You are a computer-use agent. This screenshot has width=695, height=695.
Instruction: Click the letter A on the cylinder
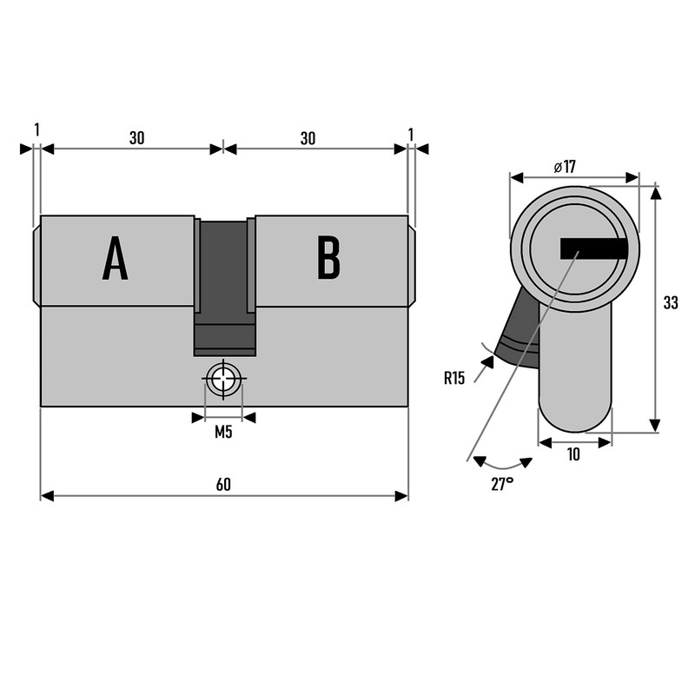pos(116,259)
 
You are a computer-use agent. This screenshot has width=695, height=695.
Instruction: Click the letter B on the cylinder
pos(328,258)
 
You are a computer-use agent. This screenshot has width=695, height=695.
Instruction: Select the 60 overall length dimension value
pos(223,484)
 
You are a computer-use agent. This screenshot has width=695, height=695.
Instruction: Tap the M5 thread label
pos(223,433)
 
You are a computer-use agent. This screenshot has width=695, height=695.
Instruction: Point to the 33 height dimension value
pos(670,303)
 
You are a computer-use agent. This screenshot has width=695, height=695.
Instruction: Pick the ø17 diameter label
pos(565,167)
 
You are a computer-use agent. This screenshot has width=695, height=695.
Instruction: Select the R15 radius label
pos(454,378)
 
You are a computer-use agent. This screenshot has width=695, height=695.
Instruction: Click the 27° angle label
pos(502,485)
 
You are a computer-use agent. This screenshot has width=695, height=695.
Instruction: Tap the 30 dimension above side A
pos(136,138)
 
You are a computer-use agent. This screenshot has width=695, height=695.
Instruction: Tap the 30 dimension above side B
pos(308,138)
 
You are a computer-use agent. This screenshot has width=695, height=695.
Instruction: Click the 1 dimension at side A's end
pos(36,129)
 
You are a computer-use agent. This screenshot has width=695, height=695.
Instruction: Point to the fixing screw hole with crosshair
pos(224,380)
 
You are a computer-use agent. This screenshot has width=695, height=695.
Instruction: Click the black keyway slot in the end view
pos(594,249)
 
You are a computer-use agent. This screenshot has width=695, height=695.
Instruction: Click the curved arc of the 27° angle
pos(502,466)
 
